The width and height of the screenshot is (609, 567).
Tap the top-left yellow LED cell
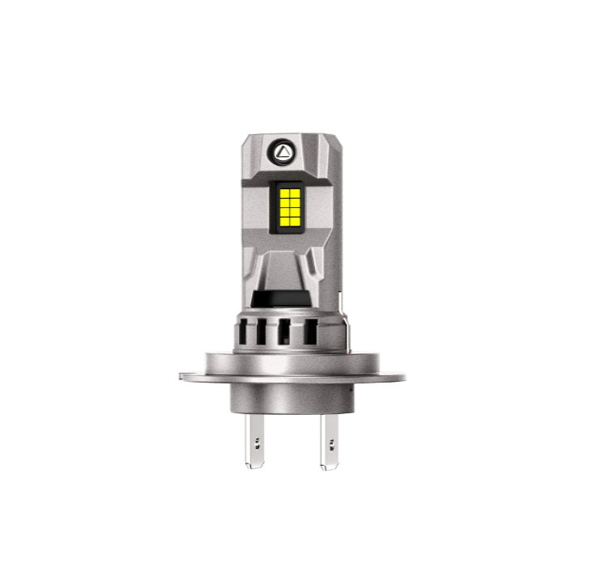point(281,188)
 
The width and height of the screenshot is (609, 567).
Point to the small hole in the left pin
point(257,442)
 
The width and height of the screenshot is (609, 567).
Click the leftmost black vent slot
point(244,333)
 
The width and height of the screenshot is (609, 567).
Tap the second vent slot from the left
point(262,333)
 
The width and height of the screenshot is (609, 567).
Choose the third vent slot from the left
point(284,333)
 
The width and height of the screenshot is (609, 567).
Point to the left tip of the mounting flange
point(181,375)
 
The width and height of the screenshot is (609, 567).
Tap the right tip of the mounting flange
point(403,375)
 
